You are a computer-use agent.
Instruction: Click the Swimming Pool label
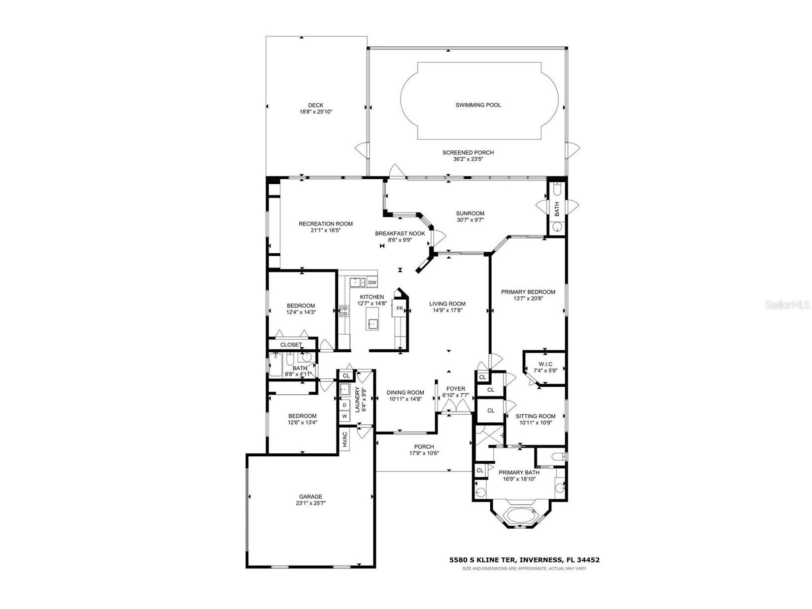(x=478, y=105)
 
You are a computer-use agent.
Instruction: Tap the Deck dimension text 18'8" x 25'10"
(x=316, y=112)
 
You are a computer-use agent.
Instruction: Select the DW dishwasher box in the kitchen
(x=372, y=282)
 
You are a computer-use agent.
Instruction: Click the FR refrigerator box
(x=399, y=309)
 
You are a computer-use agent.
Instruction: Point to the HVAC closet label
(x=345, y=440)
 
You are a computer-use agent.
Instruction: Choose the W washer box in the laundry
(x=345, y=416)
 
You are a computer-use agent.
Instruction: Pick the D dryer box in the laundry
(x=345, y=405)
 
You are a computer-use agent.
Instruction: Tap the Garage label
(x=311, y=496)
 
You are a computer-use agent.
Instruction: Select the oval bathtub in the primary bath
(x=519, y=515)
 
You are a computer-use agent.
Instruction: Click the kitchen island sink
(x=372, y=324)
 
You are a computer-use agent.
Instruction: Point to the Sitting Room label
(x=536, y=416)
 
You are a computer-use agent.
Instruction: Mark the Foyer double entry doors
(x=456, y=406)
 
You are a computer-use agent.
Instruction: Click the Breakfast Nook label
(x=400, y=234)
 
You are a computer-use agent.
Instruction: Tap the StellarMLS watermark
(x=787, y=305)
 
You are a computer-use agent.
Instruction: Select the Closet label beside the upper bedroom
(x=291, y=344)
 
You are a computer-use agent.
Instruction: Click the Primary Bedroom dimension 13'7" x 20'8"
(x=528, y=298)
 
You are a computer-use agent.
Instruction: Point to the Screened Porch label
(x=468, y=152)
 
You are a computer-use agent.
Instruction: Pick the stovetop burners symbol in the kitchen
(x=344, y=310)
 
